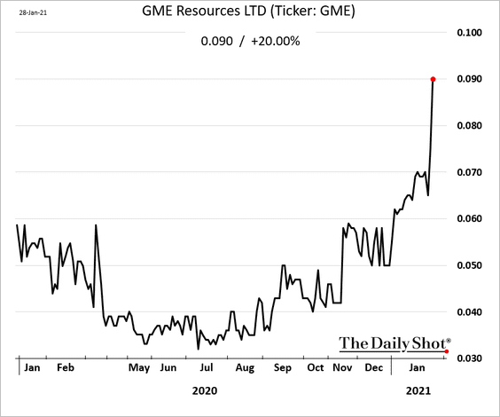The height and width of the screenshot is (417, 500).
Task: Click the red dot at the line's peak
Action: point(434,80)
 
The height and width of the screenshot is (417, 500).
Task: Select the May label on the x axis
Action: point(138,367)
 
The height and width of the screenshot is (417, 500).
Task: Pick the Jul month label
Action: point(206,367)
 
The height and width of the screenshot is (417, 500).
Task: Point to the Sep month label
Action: point(283,367)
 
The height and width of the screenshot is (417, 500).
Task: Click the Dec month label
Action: point(373,367)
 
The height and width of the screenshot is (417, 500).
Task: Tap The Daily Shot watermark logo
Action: point(395,342)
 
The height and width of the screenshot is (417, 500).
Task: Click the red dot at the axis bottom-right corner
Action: point(446,351)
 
